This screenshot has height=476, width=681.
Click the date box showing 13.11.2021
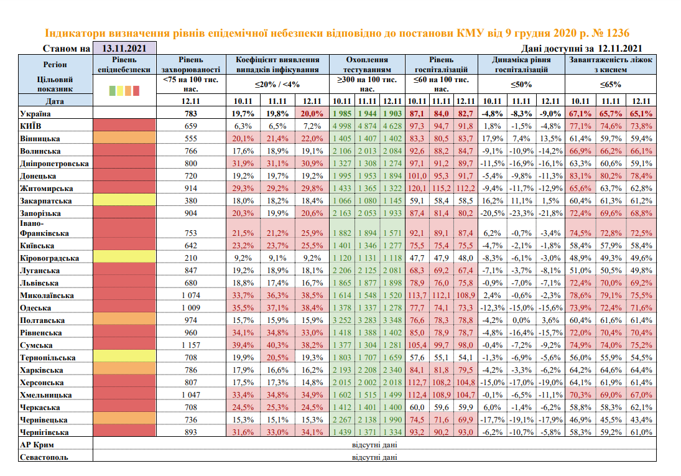[x=124, y=49]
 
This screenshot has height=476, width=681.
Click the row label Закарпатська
[x=45, y=201]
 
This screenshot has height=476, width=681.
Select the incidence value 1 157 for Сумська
[x=190, y=345]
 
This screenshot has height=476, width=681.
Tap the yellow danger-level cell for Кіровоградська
[x=123, y=258]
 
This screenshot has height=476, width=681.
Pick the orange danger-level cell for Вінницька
[x=123, y=138]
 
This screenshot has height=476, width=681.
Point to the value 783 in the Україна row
[x=190, y=114]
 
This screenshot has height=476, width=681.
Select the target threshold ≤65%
[x=610, y=85]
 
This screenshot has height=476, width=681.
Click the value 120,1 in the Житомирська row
[x=417, y=189]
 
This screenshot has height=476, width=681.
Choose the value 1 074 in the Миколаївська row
[x=190, y=296]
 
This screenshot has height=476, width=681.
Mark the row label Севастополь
[x=43, y=457]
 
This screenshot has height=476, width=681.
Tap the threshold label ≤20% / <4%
[x=277, y=85]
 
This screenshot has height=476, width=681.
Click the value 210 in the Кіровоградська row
[x=190, y=258]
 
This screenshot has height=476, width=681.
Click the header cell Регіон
[x=55, y=64]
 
